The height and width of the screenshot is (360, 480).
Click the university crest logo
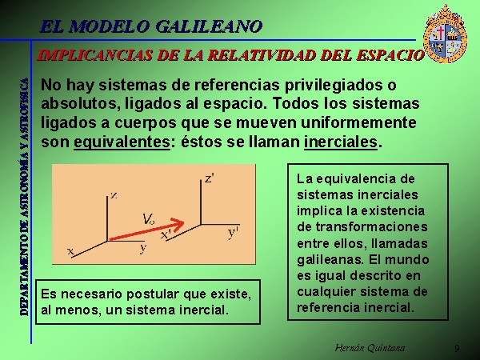[x=445, y=34]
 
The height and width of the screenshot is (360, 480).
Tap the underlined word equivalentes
[x=122, y=142]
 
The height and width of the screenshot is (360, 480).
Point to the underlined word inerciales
[x=341, y=142]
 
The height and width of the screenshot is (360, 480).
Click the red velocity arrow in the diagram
[x=146, y=230]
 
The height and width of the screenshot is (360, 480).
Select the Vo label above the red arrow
[x=149, y=219]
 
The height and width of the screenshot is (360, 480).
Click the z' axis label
[x=210, y=178]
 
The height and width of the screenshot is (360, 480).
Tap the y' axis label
[x=234, y=234]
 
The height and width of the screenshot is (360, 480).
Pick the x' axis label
[x=166, y=234]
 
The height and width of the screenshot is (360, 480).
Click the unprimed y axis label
[x=143, y=248]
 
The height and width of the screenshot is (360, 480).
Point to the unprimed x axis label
[x=70, y=251]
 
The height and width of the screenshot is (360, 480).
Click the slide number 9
[x=457, y=348]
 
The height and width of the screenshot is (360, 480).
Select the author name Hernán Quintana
[x=370, y=348]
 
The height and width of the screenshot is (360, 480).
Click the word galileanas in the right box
[x=330, y=259]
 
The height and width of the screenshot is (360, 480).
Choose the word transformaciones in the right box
[x=372, y=227]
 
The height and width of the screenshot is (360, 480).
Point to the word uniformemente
[x=358, y=122]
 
